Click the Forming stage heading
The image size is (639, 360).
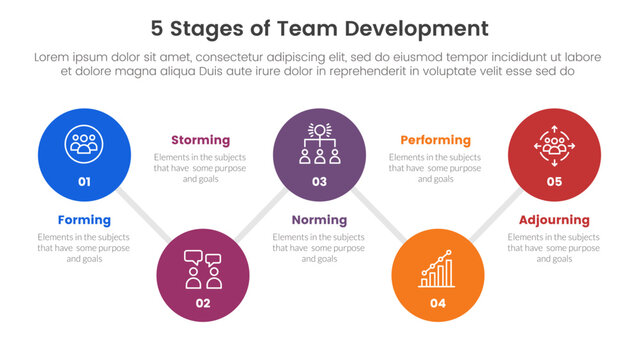tap(84, 220)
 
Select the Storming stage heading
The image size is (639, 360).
tap(200, 140)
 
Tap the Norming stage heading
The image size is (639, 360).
tap(319, 220)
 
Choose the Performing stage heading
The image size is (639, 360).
tap(436, 140)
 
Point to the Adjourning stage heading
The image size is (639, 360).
tap(554, 220)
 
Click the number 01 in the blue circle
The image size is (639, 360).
tap(84, 182)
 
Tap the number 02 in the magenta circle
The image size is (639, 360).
tap(202, 301)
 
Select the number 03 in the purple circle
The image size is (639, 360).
tap(319, 182)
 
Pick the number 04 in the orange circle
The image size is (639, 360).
tap(437, 302)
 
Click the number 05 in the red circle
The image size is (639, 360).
tap(554, 182)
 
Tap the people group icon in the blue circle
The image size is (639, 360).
tap(84, 144)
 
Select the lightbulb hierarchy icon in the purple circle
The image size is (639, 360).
tap(319, 144)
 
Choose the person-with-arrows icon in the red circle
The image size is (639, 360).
tap(554, 144)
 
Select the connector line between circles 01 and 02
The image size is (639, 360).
tap(146, 221)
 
